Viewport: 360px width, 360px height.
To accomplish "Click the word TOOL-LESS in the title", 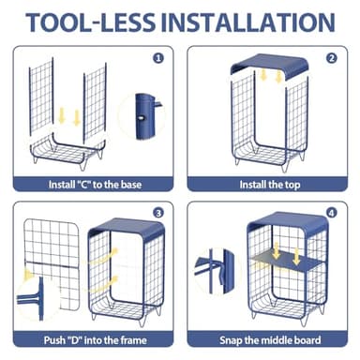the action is [90, 22].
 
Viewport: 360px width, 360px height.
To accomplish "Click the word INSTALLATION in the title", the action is [248, 22].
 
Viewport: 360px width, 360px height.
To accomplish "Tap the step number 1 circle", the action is [158, 58].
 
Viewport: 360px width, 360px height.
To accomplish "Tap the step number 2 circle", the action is [332, 58].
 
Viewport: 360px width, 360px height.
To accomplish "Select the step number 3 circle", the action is [158, 213].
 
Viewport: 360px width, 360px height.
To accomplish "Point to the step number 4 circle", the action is [332, 213].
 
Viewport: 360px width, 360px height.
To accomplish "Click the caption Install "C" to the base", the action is [95, 185].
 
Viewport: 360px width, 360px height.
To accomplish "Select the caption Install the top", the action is [270, 185].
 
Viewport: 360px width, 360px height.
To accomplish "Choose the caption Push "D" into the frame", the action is [96, 340].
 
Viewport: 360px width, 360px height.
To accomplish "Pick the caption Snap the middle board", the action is [270, 340].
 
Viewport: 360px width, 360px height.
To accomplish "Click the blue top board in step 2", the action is [269, 65].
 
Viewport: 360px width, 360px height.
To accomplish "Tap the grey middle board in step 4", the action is [288, 260].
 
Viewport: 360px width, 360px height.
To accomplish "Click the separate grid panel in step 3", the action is [52, 262].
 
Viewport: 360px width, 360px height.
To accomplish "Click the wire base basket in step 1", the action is [67, 152].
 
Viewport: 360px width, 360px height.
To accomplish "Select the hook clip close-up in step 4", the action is [216, 271].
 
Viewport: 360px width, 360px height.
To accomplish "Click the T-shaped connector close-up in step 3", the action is [37, 298].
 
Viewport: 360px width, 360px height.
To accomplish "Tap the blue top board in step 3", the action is [127, 228].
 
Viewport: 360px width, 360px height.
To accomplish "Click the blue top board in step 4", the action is [288, 222].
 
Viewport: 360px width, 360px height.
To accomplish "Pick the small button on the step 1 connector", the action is [142, 118].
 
